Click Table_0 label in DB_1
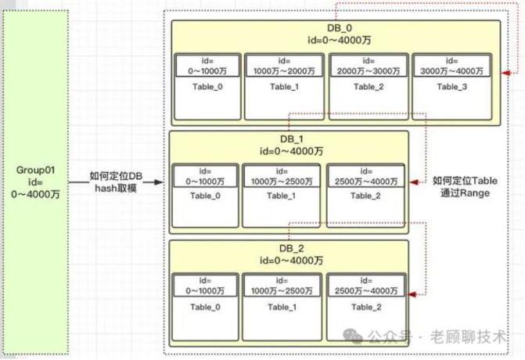click(x=204, y=196)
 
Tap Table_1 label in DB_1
click(x=281, y=196)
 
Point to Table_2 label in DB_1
click(x=365, y=196)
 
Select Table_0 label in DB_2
click(x=204, y=307)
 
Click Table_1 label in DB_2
click(x=281, y=307)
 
